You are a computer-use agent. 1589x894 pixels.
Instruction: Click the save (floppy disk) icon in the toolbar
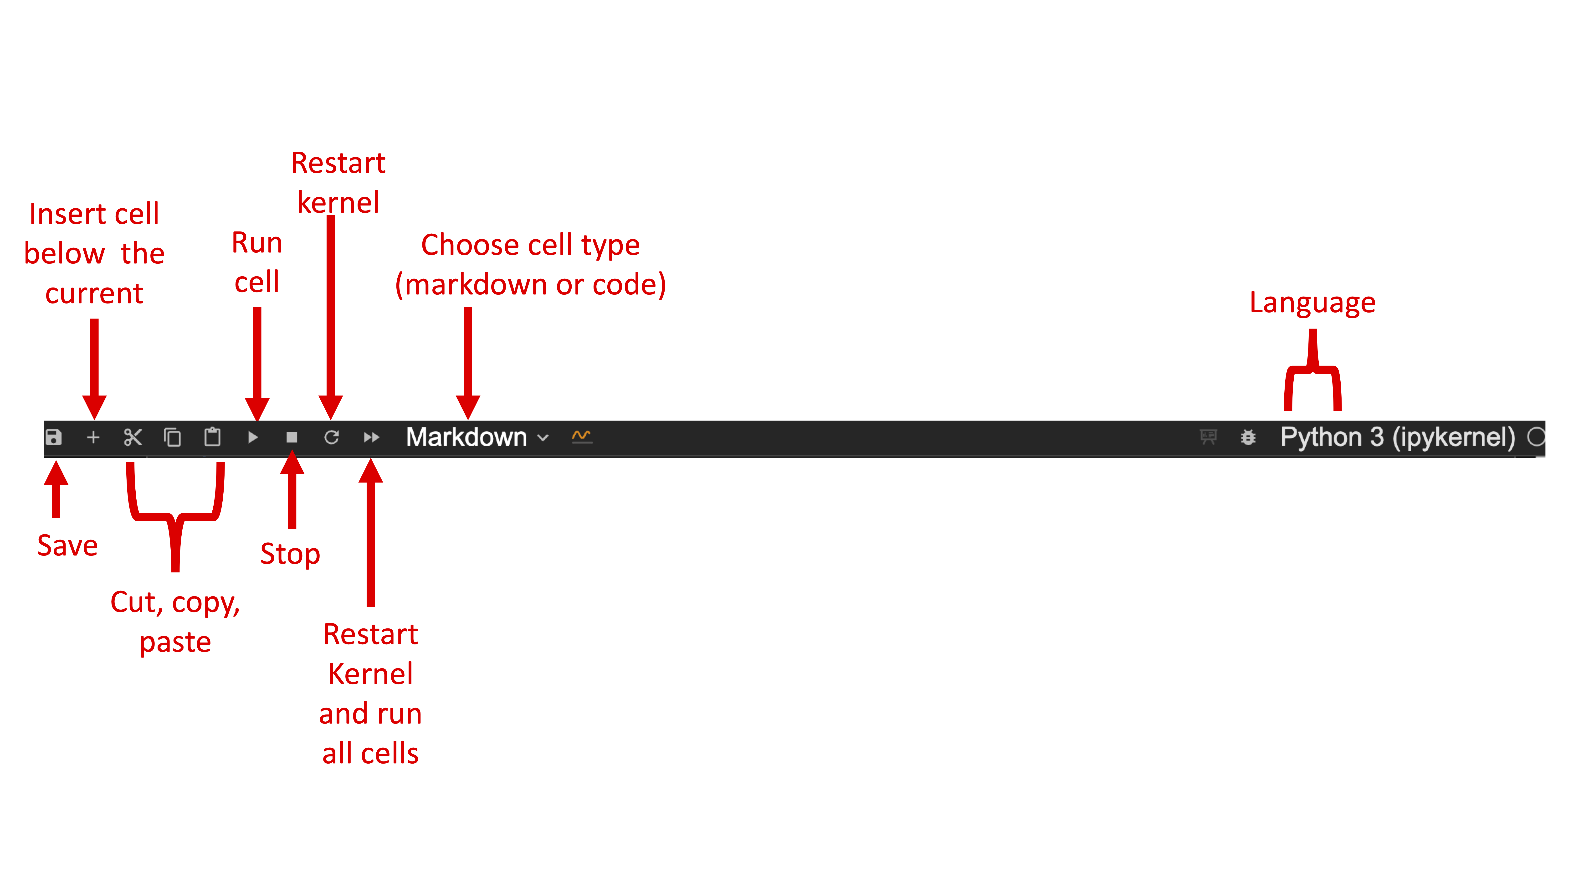point(54,437)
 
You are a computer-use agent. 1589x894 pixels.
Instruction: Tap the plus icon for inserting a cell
point(93,437)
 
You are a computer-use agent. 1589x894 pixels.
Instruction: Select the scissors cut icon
point(133,437)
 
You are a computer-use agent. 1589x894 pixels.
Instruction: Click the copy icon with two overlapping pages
point(172,437)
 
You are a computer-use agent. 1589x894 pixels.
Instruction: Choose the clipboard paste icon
point(212,437)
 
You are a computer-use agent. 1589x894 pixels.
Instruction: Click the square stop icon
point(292,437)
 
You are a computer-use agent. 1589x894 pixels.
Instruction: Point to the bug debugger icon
point(1248,437)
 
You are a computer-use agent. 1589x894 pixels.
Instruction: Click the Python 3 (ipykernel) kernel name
point(1397,437)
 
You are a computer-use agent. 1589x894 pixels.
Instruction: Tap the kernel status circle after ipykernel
point(1536,437)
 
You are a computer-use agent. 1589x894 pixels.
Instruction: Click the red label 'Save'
point(67,545)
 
